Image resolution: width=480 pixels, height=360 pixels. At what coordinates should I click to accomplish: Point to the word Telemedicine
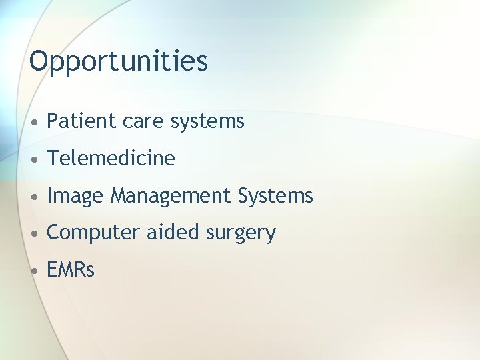point(111,159)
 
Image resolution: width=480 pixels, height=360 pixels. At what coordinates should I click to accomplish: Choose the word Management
point(171,197)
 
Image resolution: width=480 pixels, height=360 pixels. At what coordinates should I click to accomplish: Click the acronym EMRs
point(71,270)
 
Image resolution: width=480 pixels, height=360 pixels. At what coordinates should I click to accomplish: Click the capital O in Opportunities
point(39,61)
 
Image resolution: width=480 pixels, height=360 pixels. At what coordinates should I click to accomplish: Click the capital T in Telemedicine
point(53,159)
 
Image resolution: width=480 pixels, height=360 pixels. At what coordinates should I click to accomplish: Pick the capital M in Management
point(119,196)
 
